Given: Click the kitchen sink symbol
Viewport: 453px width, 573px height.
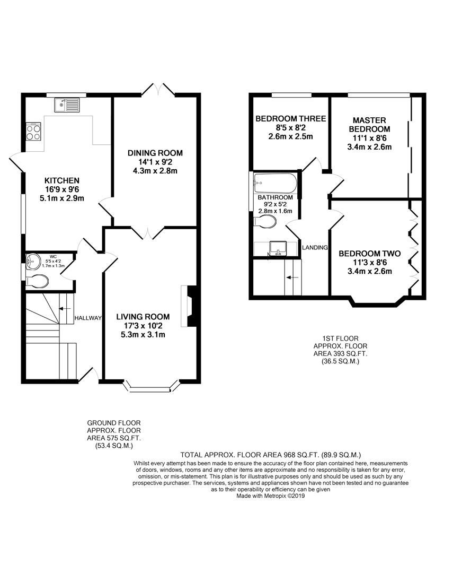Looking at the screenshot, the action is click(67, 105).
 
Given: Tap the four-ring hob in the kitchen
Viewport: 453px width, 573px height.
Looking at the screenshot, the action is click(33, 132).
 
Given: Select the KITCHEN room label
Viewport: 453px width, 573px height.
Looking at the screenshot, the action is click(61, 180).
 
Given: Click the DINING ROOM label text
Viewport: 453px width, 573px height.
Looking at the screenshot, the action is click(155, 153).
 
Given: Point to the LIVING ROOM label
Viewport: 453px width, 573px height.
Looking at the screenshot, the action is click(143, 317).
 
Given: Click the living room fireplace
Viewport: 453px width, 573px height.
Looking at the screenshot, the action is click(190, 306).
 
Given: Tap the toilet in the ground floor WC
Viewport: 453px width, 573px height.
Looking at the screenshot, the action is click(38, 281).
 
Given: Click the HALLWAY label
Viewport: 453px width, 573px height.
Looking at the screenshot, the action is click(88, 318).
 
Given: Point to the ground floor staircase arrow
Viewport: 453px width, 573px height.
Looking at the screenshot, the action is click(65, 308).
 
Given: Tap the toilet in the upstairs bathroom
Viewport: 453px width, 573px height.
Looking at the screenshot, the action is click(264, 221).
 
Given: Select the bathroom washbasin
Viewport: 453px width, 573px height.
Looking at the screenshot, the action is click(278, 248).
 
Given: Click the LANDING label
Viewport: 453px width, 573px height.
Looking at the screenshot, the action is click(315, 248).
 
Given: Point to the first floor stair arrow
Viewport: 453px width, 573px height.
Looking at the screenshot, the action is click(292, 277).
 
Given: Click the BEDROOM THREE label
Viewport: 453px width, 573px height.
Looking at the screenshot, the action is click(290, 118).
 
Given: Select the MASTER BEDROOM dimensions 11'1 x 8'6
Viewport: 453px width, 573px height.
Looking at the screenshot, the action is click(369, 138).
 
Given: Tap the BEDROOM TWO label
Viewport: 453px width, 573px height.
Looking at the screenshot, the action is click(369, 254).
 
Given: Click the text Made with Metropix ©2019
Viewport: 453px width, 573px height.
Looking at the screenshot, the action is click(271, 496).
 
